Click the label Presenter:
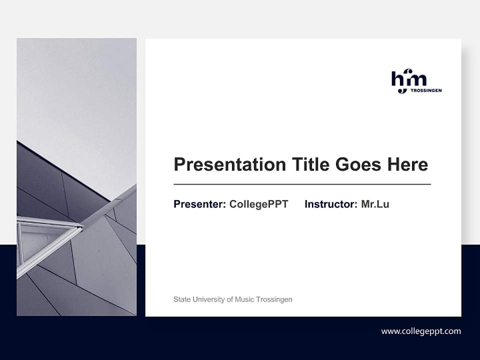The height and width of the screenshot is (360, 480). tap(199, 204)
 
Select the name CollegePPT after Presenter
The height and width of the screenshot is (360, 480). tap(258, 204)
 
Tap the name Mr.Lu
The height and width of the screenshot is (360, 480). tap(375, 204)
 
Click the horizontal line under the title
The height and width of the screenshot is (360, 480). tap(302, 184)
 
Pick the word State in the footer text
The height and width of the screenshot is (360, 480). tap(181, 299)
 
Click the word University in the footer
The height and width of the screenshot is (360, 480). tap(208, 299)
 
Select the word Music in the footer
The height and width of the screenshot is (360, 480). tap(244, 299)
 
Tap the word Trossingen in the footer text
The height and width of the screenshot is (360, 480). tap(274, 299)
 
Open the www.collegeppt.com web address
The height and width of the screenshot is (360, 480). tap(421, 331)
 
